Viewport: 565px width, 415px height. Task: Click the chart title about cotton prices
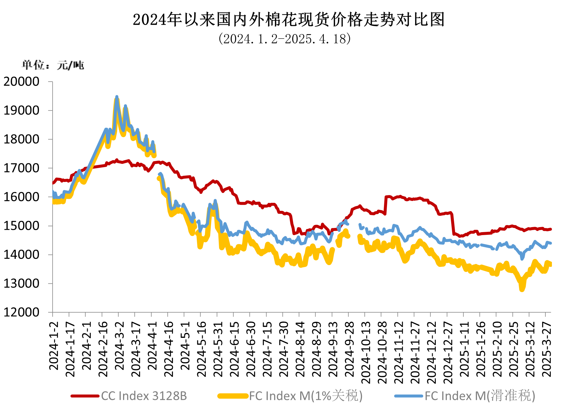point(288,20)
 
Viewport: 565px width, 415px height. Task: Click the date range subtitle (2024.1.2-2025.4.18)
point(284,39)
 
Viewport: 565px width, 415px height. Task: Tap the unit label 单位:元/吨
point(53,65)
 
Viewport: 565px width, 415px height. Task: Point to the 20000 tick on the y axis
point(21,81)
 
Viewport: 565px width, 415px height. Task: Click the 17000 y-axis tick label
point(21,168)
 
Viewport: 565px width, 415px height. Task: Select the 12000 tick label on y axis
point(21,312)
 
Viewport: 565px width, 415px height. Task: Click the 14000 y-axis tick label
point(21,255)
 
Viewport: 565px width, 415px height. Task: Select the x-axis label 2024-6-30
point(251,349)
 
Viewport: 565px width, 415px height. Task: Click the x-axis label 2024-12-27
point(448,352)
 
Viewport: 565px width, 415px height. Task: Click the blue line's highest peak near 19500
point(117,97)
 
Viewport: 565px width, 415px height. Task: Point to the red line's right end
point(550,229)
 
